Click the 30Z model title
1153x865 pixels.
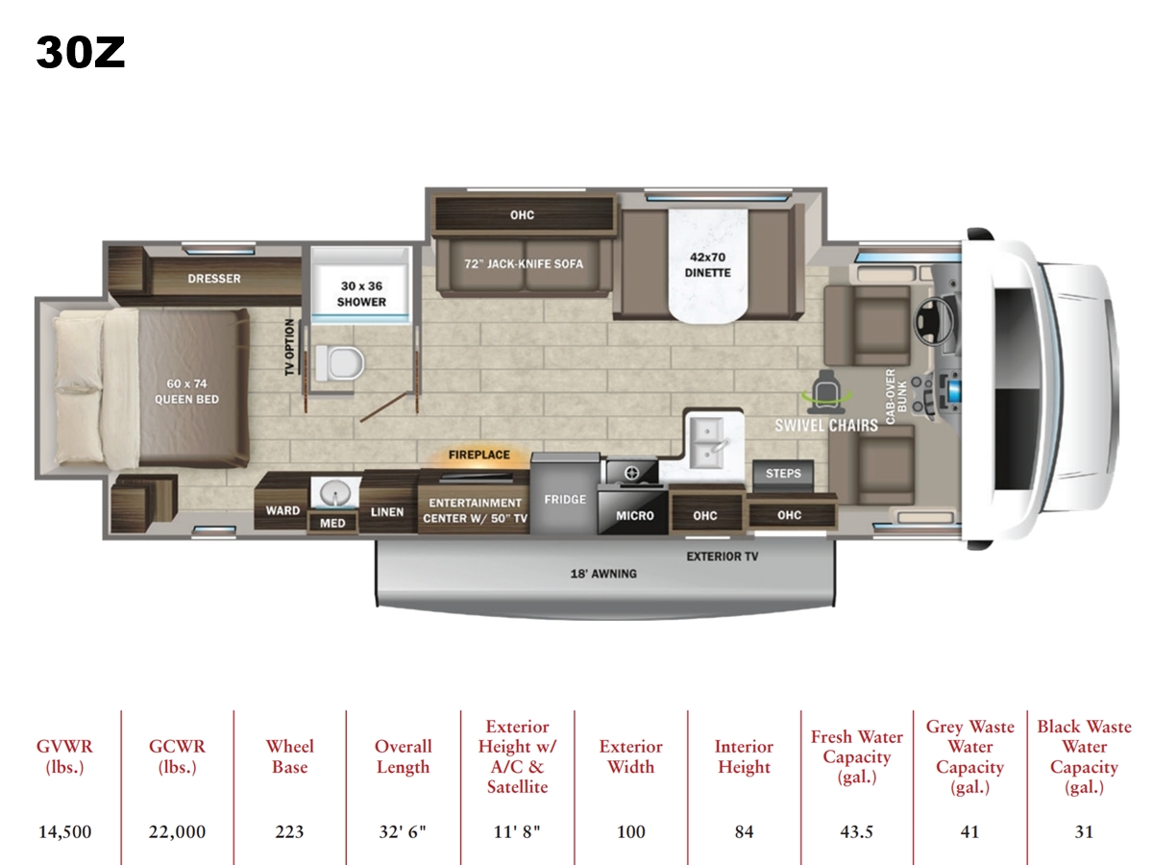[x=81, y=53]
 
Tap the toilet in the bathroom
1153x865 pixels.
[x=340, y=363]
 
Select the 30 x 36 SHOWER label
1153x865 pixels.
[x=361, y=293]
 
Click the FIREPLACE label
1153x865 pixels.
[x=479, y=455]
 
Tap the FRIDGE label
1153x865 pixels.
[x=565, y=499]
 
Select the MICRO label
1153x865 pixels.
[x=634, y=516]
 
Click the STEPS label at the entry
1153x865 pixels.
[x=783, y=473]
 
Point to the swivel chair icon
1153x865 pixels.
[x=826, y=391]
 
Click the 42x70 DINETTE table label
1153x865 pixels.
[x=707, y=264]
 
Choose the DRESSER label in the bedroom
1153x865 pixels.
[x=214, y=279]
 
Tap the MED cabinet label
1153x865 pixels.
[x=332, y=523]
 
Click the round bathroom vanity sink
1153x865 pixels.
[x=334, y=493]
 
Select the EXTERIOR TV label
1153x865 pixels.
[x=723, y=556]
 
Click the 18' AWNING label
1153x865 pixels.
[x=603, y=574]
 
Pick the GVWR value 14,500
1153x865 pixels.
[x=64, y=831]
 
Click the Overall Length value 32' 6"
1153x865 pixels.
[x=403, y=831]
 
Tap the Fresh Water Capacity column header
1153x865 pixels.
[x=857, y=756]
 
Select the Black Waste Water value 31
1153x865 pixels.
[x=1084, y=831]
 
